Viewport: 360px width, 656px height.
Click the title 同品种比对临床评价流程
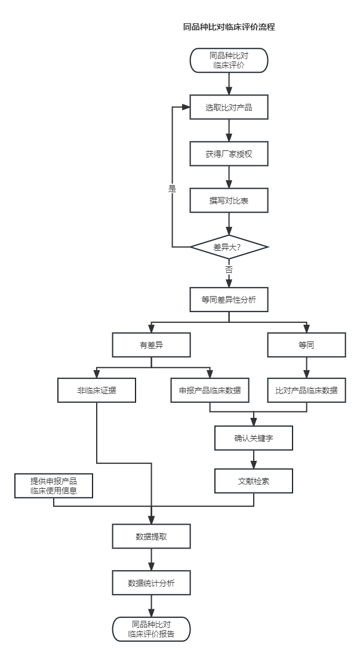229,27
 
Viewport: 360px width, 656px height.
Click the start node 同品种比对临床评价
229,60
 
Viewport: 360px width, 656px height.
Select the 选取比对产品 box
229,107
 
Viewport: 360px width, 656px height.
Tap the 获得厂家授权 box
229,154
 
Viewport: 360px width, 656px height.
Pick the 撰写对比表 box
229,201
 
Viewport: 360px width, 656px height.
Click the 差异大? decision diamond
229,247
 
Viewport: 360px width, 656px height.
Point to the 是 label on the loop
173,189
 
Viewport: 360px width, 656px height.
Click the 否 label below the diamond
229,270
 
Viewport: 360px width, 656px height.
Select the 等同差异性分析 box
229,300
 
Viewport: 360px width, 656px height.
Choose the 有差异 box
151,345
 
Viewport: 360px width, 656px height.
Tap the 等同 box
306,345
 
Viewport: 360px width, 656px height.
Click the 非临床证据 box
97,390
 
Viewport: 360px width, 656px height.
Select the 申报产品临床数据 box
210,390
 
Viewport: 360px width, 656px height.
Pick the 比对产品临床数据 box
306,390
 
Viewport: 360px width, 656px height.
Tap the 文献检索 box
254,481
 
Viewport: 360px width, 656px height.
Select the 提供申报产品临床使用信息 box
54,485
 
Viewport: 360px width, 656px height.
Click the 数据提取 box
151,536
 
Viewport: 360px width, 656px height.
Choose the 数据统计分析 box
151,583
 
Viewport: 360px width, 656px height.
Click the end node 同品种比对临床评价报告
151,629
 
